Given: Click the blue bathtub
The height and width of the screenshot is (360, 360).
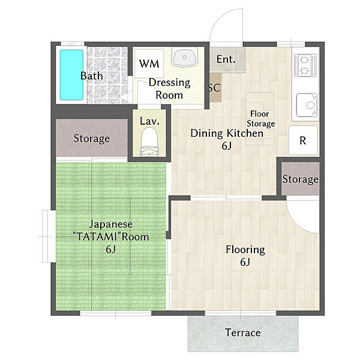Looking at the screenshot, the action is (x=71, y=75).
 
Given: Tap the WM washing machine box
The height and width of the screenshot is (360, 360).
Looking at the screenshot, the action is (x=149, y=64).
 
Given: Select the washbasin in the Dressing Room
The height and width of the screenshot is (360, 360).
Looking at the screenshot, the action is (x=184, y=57).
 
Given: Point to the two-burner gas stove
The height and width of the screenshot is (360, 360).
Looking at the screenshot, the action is (x=305, y=65).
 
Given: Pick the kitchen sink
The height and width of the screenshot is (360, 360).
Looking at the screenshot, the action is (x=307, y=105).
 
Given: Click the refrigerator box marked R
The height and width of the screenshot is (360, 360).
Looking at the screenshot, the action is (x=303, y=140).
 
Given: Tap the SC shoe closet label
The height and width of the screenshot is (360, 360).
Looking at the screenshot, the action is (x=214, y=88).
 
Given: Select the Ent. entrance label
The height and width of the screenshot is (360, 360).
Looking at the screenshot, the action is (x=226, y=59).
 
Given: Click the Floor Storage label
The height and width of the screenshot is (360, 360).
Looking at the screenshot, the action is (x=260, y=119).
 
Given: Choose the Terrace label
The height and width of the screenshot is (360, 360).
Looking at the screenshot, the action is (x=243, y=332).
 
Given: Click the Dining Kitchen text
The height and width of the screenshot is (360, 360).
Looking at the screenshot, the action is (x=227, y=134).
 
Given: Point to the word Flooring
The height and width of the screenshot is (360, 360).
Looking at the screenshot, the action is (x=245, y=250).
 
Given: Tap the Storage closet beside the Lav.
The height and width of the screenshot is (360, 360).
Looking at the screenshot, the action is (x=92, y=138).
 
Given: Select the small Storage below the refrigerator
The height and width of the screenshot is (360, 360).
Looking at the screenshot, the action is (x=301, y=179).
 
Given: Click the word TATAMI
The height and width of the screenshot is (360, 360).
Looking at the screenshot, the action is (x=97, y=237).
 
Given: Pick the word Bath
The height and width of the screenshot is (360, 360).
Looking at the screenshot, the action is (x=92, y=76).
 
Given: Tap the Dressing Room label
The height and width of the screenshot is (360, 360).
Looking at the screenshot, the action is (x=169, y=89).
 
